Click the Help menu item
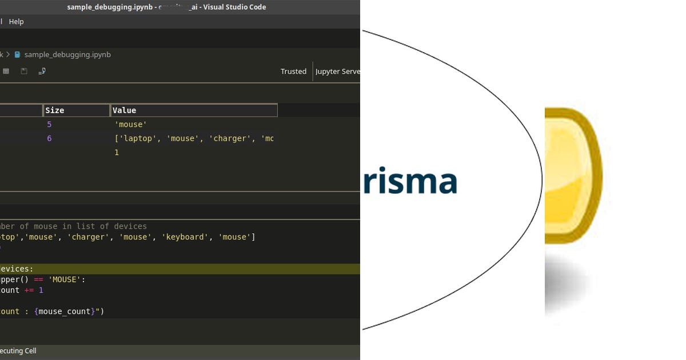point(16,22)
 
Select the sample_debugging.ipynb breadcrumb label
point(67,55)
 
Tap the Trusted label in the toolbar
point(293,71)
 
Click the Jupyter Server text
point(337,71)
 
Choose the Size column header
point(55,110)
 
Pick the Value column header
point(124,110)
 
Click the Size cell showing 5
point(49,125)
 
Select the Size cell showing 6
point(49,138)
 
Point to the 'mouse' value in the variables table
point(131,125)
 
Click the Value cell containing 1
point(117,153)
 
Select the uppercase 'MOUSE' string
point(66,280)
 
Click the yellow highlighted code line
point(171,269)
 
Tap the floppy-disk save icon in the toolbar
point(24,71)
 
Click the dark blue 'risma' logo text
point(409,182)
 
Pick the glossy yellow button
point(572,176)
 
